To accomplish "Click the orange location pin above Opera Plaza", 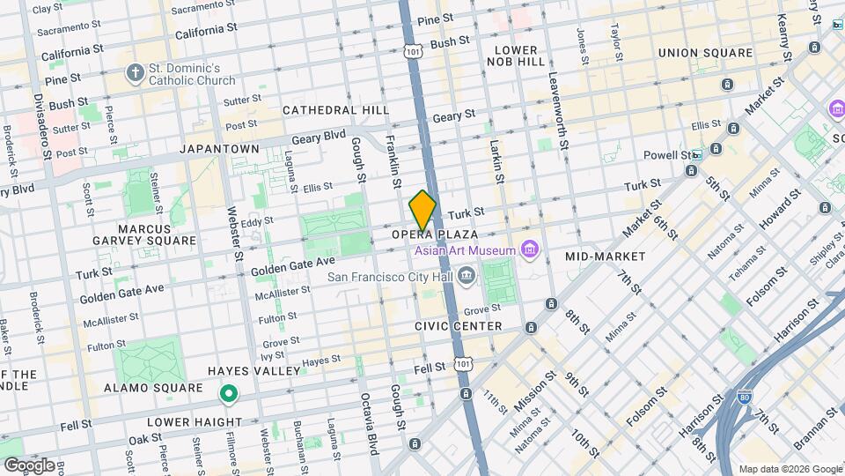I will pyautogui.click(x=422, y=211).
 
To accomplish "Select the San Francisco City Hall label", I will pyautogui.click(x=390, y=277).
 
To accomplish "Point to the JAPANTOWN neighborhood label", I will pyautogui.click(x=219, y=149).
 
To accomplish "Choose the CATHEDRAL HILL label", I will pyautogui.click(x=335, y=110).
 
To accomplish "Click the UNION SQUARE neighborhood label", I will pyautogui.click(x=705, y=53).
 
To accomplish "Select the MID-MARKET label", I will pyautogui.click(x=605, y=257).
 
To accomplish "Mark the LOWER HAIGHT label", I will pyautogui.click(x=181, y=421).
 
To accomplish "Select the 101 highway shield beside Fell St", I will pyautogui.click(x=464, y=364).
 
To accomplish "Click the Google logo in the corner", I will pyautogui.click(x=28, y=465).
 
